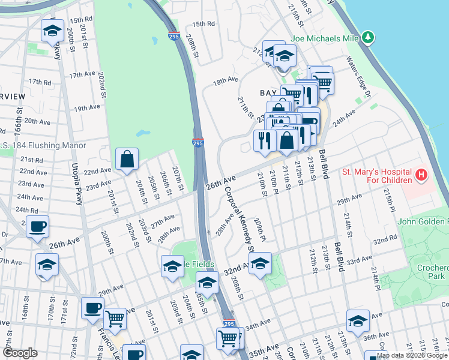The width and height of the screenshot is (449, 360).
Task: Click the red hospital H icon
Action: coord(421,176)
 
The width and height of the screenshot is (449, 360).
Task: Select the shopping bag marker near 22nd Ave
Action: coord(127,160)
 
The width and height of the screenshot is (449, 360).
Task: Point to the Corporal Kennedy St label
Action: coord(240,220)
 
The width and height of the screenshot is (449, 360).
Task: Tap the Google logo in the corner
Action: coord(20,353)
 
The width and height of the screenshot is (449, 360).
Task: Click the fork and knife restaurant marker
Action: coord(265,141)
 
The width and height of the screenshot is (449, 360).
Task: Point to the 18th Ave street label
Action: coord(226,79)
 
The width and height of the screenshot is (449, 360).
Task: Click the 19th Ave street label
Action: coord(86,109)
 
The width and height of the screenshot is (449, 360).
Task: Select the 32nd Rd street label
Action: coord(385,239)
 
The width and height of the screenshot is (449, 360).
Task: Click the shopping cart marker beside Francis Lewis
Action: coord(115,319)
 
